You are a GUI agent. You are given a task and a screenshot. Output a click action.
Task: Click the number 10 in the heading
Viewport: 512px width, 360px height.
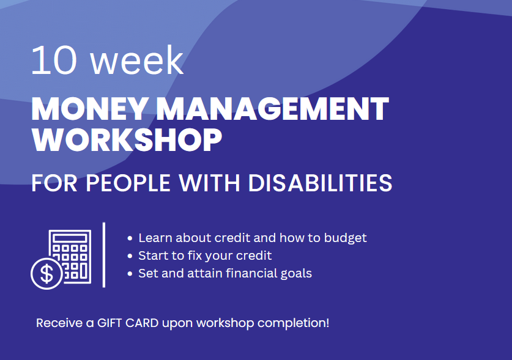54,61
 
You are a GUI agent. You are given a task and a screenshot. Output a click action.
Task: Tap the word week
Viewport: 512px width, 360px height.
136,61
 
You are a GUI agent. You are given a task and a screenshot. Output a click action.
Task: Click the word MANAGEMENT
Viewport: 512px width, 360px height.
273,109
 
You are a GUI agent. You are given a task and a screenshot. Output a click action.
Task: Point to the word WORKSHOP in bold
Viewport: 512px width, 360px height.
127,139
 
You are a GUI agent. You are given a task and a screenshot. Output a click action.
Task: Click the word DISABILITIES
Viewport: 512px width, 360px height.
321,183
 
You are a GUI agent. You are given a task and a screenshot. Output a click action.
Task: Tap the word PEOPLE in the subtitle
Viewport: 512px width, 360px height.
128,183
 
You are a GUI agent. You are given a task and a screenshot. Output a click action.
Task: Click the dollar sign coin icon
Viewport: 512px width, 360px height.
46,273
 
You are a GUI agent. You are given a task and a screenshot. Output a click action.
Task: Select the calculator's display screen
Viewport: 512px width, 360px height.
70,238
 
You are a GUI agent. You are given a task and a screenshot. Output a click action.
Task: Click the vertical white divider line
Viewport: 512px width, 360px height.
104,255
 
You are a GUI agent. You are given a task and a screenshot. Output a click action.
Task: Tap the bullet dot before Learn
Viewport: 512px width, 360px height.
130,238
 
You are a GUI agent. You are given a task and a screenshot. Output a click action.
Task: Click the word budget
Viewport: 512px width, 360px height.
346,238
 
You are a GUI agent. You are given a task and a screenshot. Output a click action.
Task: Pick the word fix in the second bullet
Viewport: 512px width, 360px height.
195,255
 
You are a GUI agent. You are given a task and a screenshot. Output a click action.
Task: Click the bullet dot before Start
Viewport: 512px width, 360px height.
130,256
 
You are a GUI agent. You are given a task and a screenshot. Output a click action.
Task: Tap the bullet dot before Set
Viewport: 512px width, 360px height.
130,273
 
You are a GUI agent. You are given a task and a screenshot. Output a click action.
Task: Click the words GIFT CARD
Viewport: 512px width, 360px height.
128,323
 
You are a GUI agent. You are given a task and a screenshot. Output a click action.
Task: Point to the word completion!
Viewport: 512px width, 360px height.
293,323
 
